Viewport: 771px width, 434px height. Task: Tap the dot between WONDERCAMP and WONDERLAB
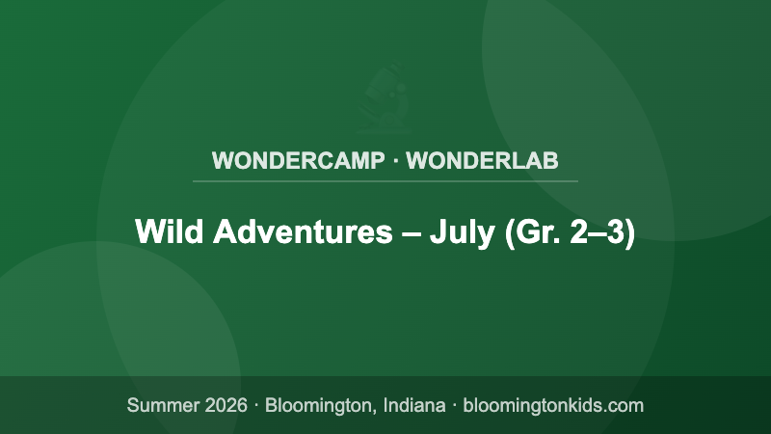coord(396,160)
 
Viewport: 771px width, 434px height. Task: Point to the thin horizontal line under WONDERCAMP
coord(385,180)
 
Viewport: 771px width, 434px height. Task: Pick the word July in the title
coord(461,232)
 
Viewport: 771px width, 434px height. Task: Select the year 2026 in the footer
coord(226,405)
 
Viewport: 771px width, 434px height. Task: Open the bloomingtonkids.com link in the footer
coord(554,405)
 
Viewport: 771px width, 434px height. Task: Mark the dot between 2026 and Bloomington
coord(256,405)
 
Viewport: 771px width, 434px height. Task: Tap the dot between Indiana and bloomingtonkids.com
coord(454,405)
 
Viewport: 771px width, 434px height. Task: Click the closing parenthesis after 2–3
coord(630,233)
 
